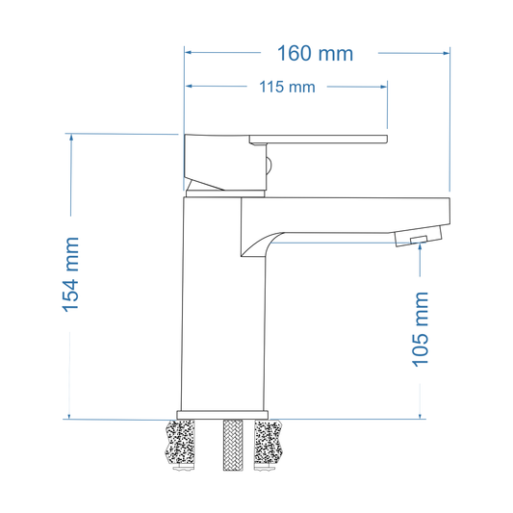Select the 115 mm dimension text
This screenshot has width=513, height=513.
(287, 87)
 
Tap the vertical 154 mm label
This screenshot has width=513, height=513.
(70, 274)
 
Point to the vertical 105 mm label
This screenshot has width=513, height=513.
(421, 331)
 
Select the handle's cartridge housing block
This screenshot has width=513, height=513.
(221, 161)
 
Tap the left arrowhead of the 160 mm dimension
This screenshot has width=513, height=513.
(190, 54)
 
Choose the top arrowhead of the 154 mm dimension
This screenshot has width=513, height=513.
(70, 138)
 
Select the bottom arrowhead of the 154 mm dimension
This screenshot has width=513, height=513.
(70, 414)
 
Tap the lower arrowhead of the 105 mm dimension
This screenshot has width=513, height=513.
(421, 414)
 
